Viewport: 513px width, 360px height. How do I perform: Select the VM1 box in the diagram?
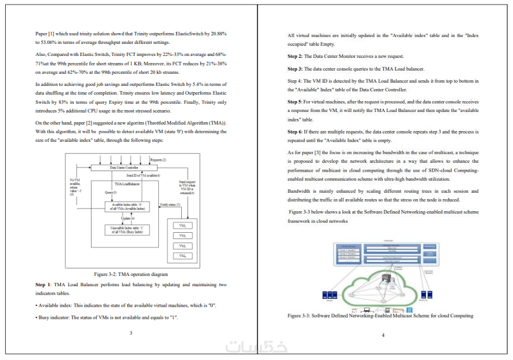tap(182, 226)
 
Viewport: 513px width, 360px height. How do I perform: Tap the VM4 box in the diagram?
tap(182, 255)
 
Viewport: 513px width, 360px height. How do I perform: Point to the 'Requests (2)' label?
tap(158, 159)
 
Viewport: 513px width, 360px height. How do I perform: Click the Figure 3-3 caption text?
tap(380, 315)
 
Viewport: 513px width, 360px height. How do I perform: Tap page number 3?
tap(130, 333)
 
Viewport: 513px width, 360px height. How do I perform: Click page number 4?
tap(383, 335)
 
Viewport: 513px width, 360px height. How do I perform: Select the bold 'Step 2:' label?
tap(297, 57)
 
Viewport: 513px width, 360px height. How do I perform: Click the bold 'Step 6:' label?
tap(296, 131)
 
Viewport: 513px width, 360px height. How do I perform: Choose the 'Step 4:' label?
tap(296, 81)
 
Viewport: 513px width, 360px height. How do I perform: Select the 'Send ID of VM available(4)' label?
tap(143, 175)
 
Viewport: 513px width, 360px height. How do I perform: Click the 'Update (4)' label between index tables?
tap(128, 218)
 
